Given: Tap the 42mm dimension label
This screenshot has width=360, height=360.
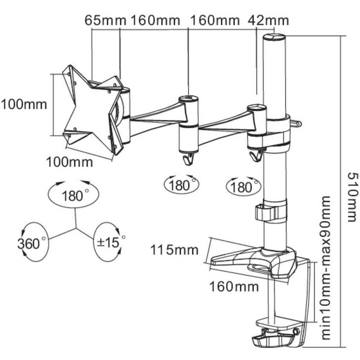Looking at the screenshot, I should click(269, 20).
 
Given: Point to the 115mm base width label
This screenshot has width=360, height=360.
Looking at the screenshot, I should click(175, 250).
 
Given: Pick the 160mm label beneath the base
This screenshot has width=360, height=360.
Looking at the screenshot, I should click(234, 287).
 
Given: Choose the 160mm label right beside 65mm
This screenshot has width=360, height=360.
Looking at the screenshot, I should click(155, 20).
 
